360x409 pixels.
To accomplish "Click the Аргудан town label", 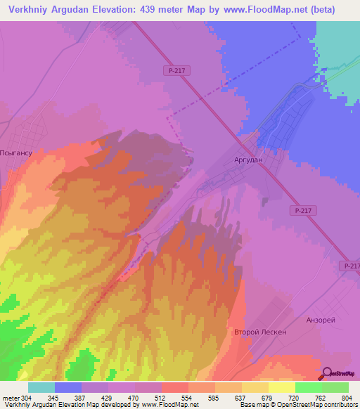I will coord(248,160).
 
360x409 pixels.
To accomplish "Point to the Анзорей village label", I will coord(321,320).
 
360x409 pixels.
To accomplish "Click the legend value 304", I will coord(20,398).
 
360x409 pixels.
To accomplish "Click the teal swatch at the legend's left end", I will coord(41,387).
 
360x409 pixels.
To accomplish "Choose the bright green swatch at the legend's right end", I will coord(335,387).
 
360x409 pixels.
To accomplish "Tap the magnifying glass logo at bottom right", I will coord(327,373).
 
